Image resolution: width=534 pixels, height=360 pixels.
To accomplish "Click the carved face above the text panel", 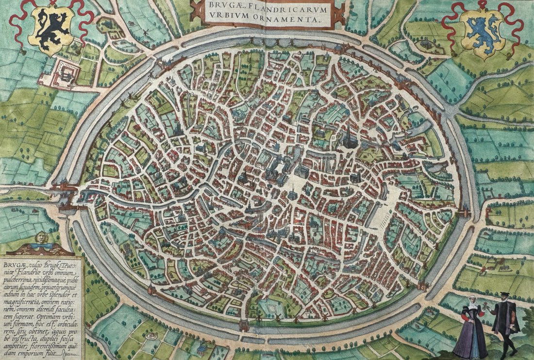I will (42, 238).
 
